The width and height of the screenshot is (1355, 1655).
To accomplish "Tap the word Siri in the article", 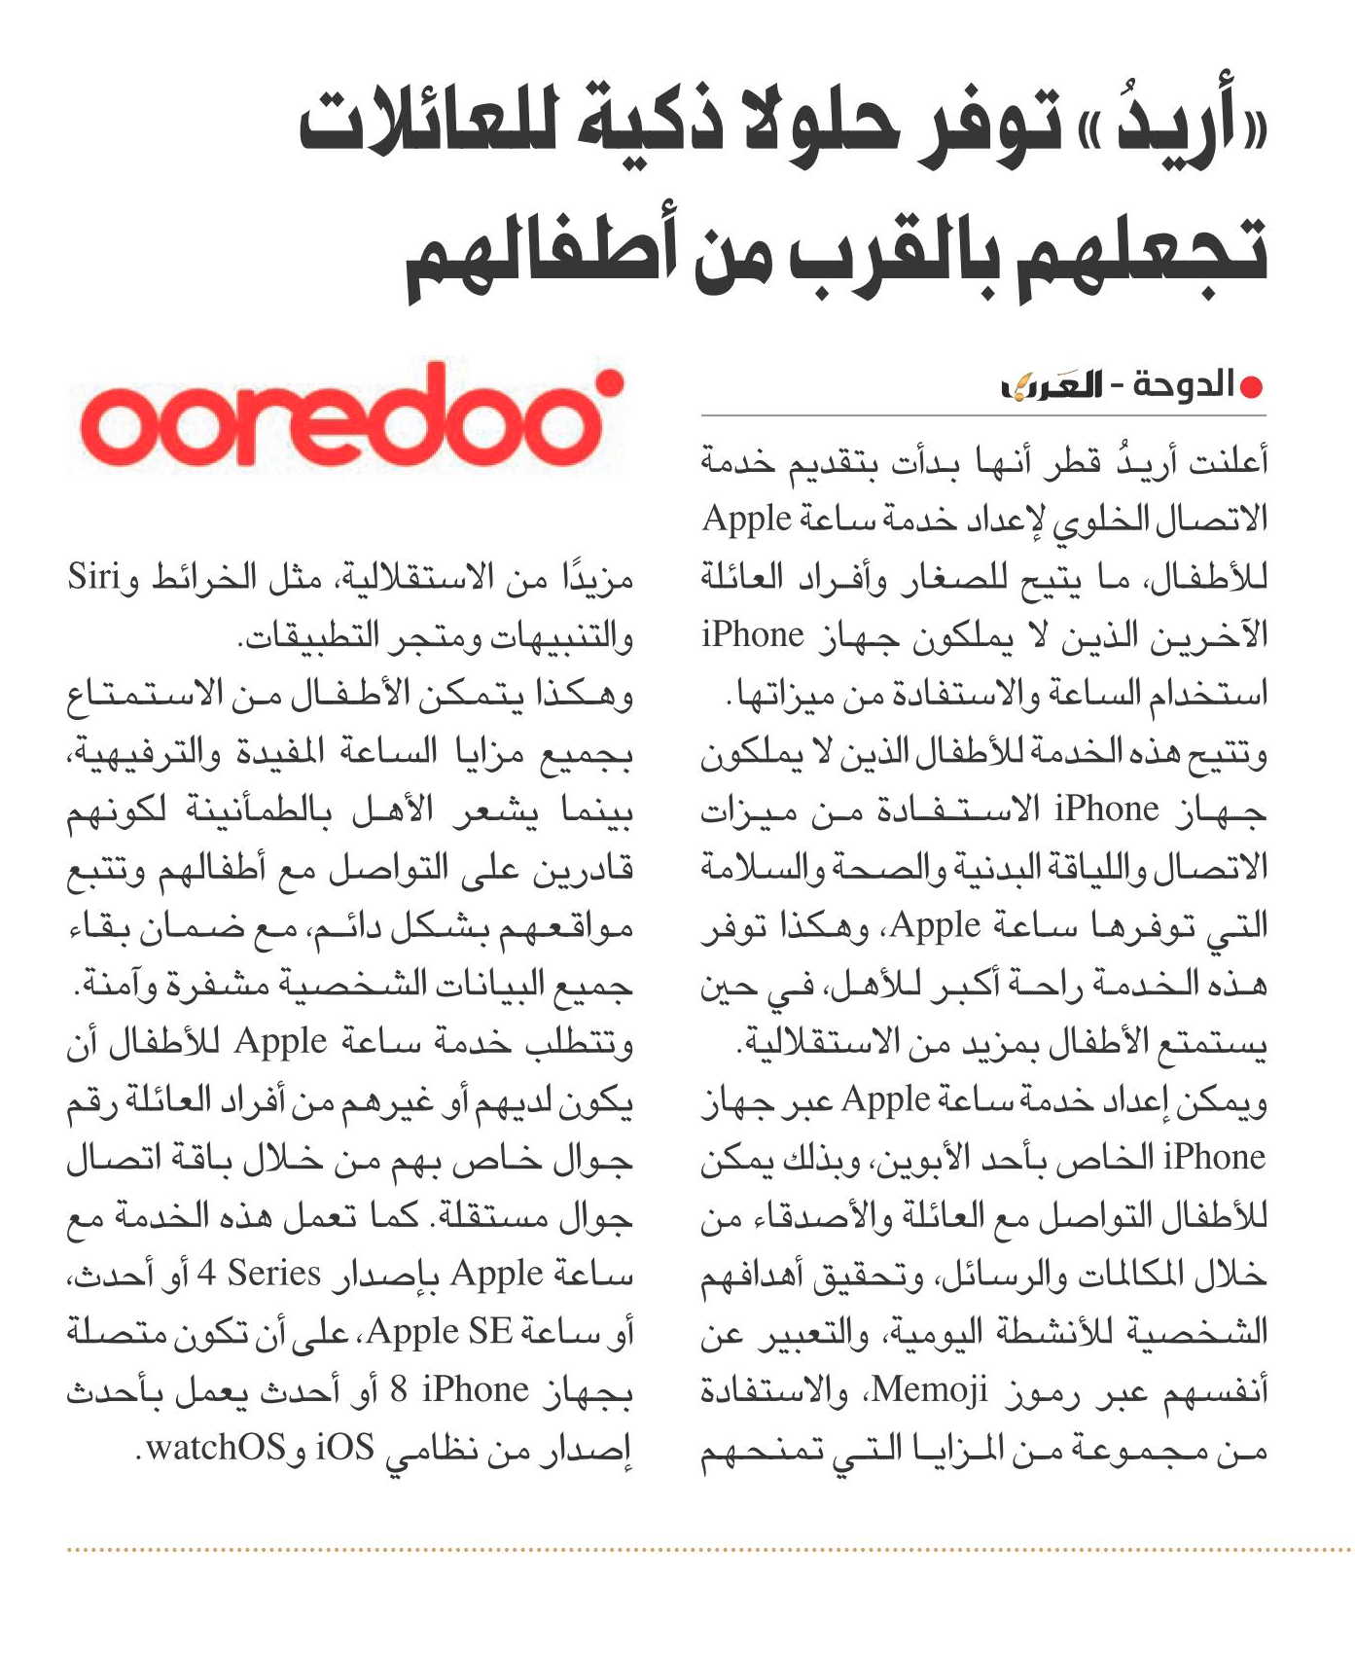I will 93,577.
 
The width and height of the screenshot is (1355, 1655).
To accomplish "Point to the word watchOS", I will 216,1447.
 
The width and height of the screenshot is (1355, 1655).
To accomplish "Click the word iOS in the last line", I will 344,1447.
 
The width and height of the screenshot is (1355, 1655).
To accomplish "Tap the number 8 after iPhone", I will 399,1389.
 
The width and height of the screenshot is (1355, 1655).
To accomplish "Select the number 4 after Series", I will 205,1273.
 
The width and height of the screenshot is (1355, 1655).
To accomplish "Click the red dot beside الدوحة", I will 1252,387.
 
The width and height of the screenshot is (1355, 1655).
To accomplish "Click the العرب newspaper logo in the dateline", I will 1052,386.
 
